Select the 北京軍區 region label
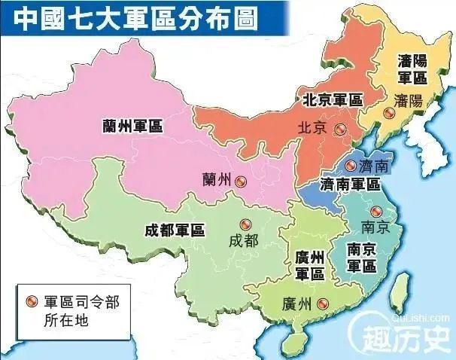pos(332,99)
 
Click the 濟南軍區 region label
pos(350,184)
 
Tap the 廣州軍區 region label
pos(309,265)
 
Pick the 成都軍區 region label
pos(175,231)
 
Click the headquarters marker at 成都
pos(244,224)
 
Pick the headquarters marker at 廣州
pos(323,304)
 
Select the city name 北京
pos(312,129)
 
